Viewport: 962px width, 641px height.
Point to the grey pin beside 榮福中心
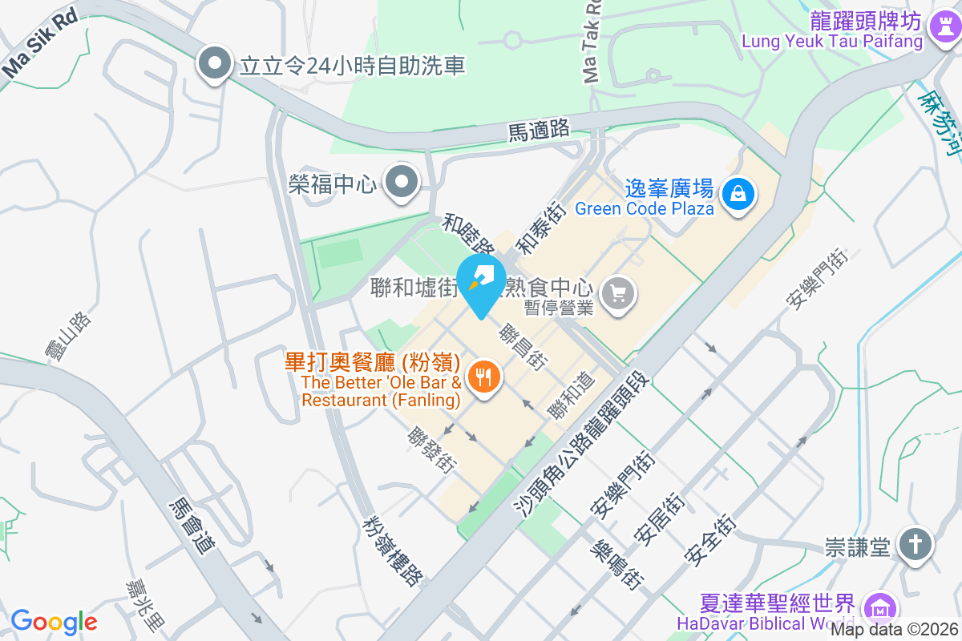[401, 184]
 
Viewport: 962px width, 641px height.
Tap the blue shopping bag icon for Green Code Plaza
[737, 193]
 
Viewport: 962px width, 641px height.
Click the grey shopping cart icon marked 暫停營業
[617, 292]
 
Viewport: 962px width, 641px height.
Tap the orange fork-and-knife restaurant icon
[483, 375]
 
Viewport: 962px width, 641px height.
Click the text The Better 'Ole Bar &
[381, 381]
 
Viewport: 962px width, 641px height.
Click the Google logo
[54, 621]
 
